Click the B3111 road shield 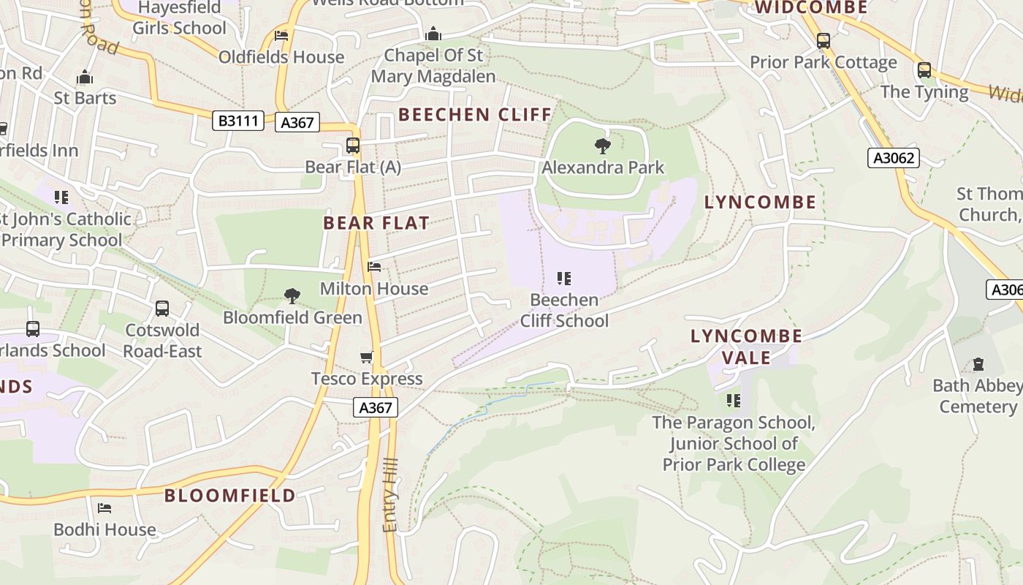coord(238,121)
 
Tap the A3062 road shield coord(893,157)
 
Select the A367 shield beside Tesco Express coord(376,407)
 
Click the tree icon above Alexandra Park coord(603,146)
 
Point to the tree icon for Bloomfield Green coord(292,296)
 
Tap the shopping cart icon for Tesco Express coord(367,358)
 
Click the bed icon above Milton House coord(374,267)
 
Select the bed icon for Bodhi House coord(104,507)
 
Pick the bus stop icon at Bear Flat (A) coord(353,146)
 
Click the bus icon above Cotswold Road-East coord(162,309)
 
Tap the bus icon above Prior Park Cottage coord(824,41)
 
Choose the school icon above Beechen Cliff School coord(563,278)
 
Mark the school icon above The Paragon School coord(734,401)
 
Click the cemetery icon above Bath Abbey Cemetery coord(978,364)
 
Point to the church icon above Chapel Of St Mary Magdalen coord(433,34)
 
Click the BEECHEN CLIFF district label coord(475,114)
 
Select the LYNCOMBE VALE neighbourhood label coord(746,347)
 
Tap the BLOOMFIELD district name coord(230,495)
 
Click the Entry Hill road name coord(391,495)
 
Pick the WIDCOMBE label coord(811,7)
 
